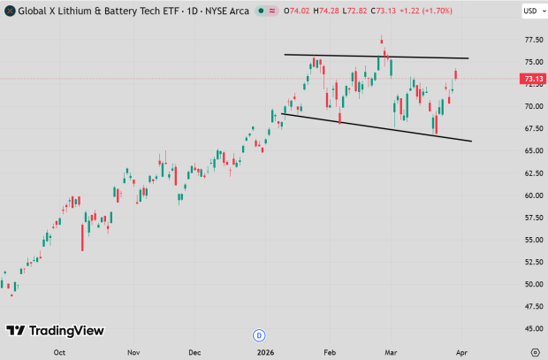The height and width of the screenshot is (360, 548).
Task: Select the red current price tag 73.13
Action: point(532,79)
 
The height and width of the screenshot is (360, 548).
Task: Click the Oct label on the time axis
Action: point(59,351)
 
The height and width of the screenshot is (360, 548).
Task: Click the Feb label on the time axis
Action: point(331,351)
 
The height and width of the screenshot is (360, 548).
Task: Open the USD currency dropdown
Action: point(531,11)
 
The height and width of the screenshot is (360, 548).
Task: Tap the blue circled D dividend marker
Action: point(259,335)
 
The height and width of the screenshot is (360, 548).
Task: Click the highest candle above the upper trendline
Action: point(382,40)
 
